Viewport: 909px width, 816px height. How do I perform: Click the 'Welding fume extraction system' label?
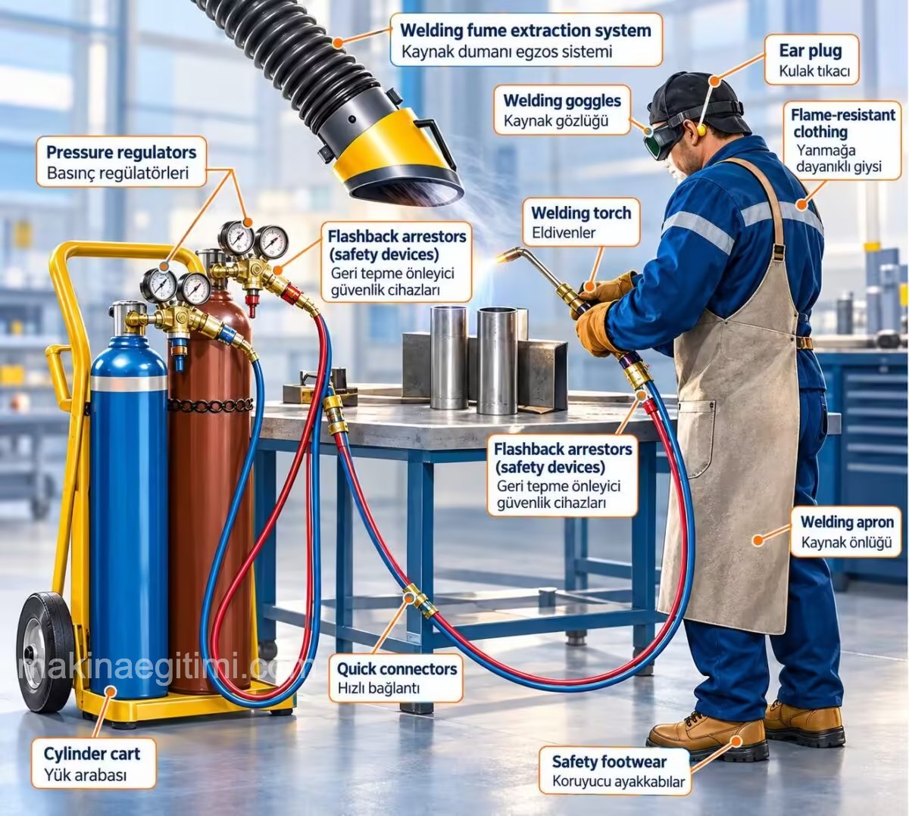(x=526, y=40)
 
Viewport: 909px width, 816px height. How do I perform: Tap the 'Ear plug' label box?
(x=811, y=60)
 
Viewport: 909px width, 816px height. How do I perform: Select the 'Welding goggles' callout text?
(x=562, y=111)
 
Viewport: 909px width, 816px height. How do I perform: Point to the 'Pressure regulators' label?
(x=121, y=162)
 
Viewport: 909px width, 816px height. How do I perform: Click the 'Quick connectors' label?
(x=395, y=678)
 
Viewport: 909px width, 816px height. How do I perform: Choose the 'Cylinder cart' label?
(x=93, y=764)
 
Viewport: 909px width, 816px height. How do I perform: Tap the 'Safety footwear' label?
(x=615, y=771)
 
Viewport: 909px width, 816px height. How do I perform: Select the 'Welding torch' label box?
(x=581, y=223)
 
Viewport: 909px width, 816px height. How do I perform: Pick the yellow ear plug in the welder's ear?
(x=700, y=129)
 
